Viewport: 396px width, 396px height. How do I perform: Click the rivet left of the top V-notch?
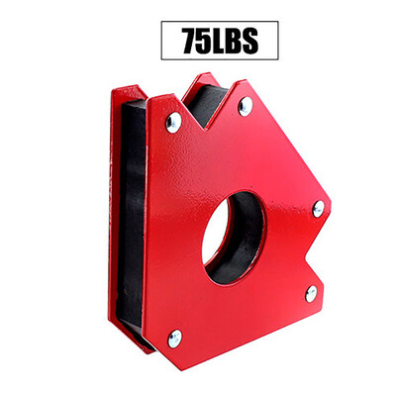(x=173, y=122)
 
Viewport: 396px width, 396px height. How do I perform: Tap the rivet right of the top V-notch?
(x=245, y=106)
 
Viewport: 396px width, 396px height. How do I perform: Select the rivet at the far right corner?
(x=318, y=208)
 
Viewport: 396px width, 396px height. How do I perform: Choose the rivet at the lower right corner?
(x=310, y=292)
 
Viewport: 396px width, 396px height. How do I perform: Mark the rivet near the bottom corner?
(x=174, y=338)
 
